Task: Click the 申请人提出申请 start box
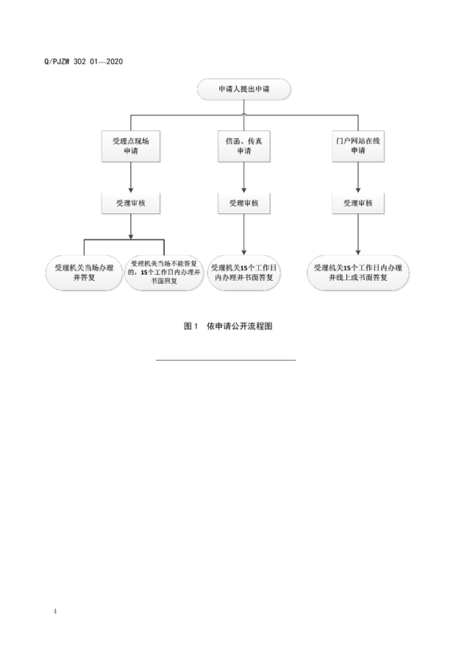click(243, 90)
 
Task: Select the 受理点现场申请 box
click(131, 145)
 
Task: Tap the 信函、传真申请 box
click(243, 145)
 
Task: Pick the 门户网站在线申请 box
click(358, 145)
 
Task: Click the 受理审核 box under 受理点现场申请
click(131, 203)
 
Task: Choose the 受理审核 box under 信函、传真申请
click(243, 203)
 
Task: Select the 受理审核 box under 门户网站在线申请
click(358, 203)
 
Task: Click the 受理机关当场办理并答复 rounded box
click(84, 273)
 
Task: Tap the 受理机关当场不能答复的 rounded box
click(163, 273)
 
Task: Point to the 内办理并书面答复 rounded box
click(243, 273)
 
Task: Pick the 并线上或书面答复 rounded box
click(358, 273)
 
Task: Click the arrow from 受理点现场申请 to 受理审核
click(131, 177)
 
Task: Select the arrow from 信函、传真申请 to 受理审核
click(243, 177)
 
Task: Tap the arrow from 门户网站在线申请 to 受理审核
click(358, 177)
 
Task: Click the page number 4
click(55, 611)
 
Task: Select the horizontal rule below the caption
click(226, 360)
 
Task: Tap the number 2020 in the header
click(113, 61)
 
